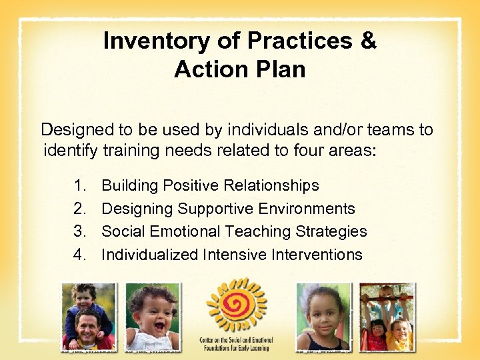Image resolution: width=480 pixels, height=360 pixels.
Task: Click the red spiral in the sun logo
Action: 237,303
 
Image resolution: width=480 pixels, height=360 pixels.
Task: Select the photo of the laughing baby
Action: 153,316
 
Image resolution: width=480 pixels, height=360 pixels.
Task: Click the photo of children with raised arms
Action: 387,316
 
